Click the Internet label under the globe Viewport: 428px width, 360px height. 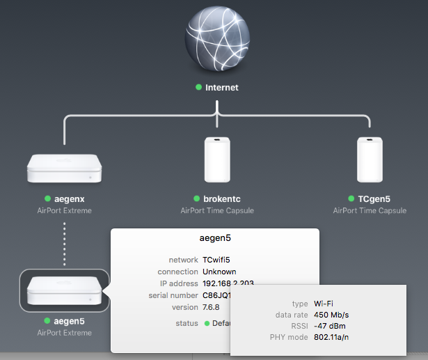click(222, 88)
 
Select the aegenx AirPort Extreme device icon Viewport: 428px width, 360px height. click(64, 169)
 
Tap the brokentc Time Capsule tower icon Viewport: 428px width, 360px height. click(217, 159)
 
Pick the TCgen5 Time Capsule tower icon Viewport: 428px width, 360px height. click(370, 159)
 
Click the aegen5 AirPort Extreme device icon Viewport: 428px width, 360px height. click(64, 290)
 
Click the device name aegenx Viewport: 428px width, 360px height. click(69, 198)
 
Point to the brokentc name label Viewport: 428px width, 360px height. click(221, 198)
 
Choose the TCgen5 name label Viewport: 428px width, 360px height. click(374, 198)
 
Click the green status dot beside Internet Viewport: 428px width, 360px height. click(198, 88)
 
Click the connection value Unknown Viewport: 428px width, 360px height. click(219, 272)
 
